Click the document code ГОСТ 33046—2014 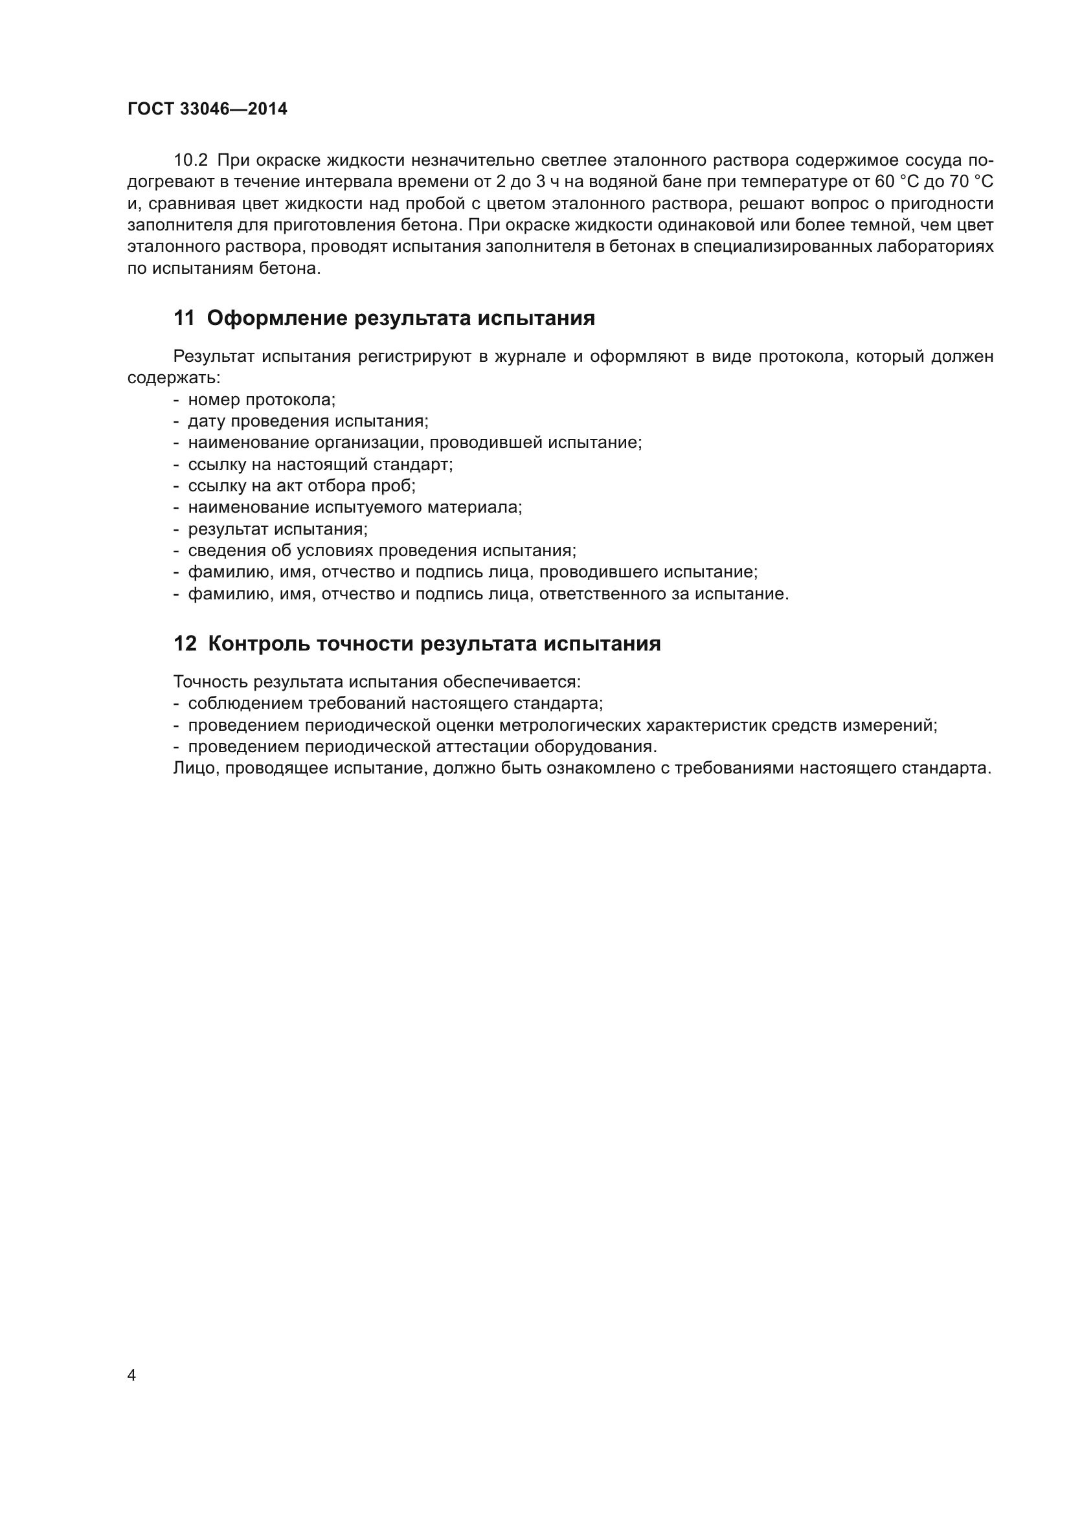pos(207,109)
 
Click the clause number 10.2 pos(190,161)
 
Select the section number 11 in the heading pos(184,318)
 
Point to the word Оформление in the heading pos(277,318)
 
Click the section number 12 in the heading pos(185,643)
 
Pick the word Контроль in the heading pos(258,643)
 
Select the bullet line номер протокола pos(262,400)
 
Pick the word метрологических pos(570,726)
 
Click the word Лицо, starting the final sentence pos(196,768)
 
